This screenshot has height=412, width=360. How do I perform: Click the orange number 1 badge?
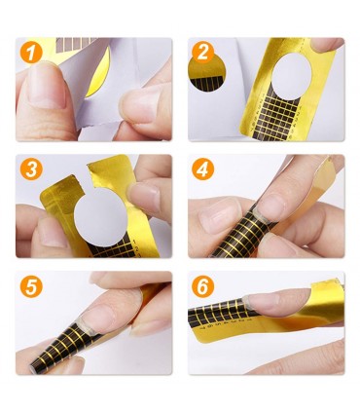(31, 52)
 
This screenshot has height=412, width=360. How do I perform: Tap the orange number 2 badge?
(202, 52)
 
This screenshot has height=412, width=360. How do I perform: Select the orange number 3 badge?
(31, 169)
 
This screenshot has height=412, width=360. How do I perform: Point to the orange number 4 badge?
(202, 169)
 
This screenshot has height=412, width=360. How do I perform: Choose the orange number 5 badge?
(31, 286)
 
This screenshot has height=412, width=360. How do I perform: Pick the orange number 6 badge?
(202, 286)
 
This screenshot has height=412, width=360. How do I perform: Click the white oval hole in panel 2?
(291, 76)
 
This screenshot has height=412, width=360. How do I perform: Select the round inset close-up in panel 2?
(207, 72)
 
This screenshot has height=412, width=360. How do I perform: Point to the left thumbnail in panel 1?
(47, 86)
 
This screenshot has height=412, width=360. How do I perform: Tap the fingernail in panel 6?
(277, 300)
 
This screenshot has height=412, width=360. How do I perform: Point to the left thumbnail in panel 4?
(220, 216)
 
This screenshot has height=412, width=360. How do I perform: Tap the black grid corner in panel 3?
(112, 247)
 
